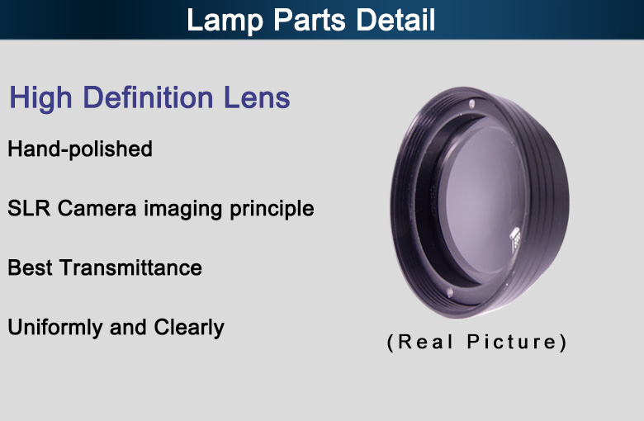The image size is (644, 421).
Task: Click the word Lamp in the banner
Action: coord(225,20)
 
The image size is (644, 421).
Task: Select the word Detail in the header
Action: coord(395,19)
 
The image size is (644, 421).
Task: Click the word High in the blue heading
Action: coord(40,98)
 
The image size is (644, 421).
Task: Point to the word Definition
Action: coord(148,97)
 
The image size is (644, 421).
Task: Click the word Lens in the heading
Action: coord(257,97)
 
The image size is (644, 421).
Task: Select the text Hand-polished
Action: coord(80,149)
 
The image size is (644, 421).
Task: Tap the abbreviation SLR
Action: coord(29,208)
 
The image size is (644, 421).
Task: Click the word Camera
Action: coord(97,208)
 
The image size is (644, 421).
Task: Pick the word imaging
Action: coord(183,209)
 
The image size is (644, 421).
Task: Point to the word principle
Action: coord(272,209)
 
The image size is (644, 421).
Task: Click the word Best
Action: coord(30,267)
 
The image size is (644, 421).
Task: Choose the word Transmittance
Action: coord(131,267)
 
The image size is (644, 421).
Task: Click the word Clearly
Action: coord(189,328)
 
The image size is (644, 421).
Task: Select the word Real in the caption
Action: coord(425,342)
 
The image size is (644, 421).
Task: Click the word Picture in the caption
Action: coord(512,342)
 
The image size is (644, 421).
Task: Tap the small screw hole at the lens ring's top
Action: coord(472,103)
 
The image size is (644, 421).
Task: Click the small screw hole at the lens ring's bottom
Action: coord(450,292)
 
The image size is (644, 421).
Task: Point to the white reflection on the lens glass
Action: coord(515,239)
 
